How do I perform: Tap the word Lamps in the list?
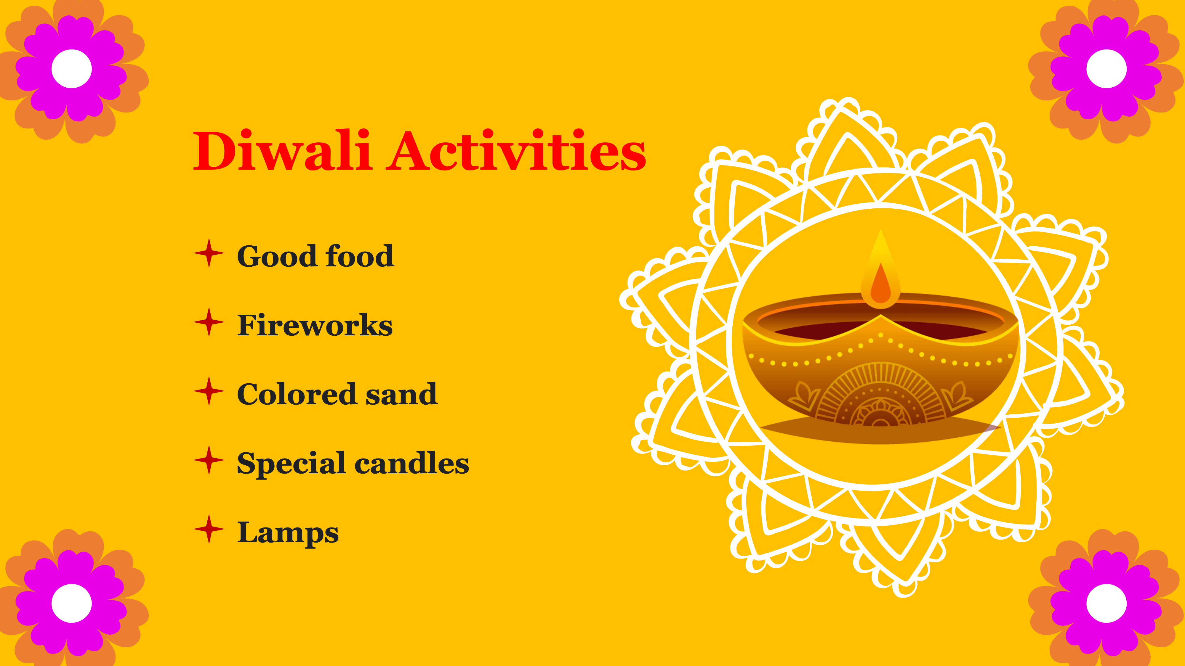pyautogui.click(x=288, y=533)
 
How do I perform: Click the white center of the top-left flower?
pyautogui.click(x=71, y=69)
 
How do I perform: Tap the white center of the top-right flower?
pyautogui.click(x=1106, y=69)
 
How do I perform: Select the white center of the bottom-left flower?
pyautogui.click(x=71, y=603)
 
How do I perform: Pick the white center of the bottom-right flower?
pyautogui.click(x=1106, y=603)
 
